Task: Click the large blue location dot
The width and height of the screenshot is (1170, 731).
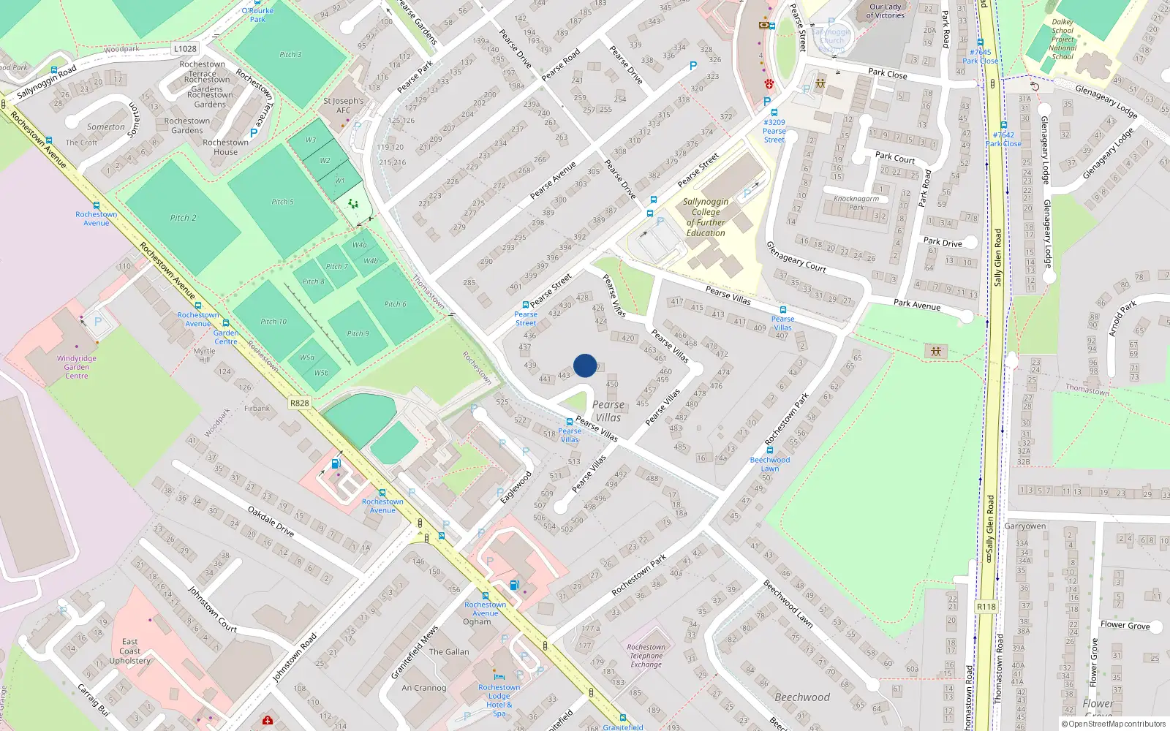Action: point(585,365)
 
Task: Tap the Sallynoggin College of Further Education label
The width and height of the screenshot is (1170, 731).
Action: point(706,217)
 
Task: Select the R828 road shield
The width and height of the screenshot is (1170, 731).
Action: point(300,403)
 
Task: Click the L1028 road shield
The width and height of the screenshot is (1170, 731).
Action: point(185,49)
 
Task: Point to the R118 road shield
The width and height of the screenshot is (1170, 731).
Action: point(986,607)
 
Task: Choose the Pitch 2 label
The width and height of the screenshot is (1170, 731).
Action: point(184,218)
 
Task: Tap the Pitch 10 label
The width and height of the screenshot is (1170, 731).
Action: point(273,322)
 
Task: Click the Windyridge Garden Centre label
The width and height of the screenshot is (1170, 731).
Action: point(77,367)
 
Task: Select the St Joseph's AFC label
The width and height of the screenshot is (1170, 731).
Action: point(344,105)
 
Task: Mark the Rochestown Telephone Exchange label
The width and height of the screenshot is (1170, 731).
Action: point(646,656)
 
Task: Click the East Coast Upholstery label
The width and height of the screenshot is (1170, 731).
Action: point(130,651)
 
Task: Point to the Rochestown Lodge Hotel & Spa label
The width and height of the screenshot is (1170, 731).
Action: point(499,700)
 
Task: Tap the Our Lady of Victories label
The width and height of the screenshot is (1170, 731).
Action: point(886,11)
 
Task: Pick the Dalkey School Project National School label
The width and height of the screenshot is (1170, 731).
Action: point(1063,39)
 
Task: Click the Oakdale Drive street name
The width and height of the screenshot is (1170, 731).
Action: point(271,522)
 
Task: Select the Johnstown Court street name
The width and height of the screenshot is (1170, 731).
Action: point(212,609)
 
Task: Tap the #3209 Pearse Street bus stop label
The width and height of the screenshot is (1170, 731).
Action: point(774,131)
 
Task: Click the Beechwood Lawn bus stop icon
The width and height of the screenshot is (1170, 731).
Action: point(770,450)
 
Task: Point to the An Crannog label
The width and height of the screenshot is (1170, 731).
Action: point(424,688)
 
